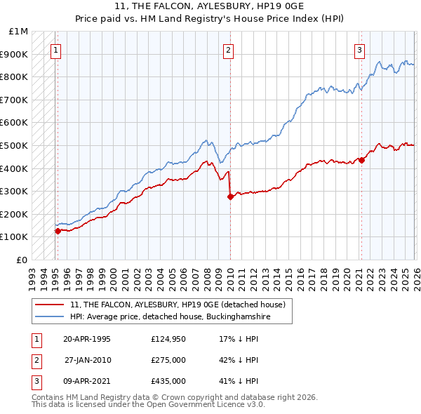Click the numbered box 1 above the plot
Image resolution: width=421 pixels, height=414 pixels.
point(55,50)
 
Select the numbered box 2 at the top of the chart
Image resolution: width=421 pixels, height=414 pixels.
point(229,50)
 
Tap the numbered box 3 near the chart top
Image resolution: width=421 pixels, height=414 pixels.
point(359,50)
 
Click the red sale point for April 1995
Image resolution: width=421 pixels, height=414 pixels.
point(58,231)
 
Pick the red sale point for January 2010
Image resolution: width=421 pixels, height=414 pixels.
point(229,197)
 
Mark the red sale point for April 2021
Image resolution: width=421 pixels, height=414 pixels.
point(361,160)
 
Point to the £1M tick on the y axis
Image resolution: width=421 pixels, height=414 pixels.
point(19,32)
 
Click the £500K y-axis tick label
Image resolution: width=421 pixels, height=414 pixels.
point(15,145)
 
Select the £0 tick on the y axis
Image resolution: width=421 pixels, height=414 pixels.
point(22,260)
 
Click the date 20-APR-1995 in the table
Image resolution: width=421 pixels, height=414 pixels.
point(87,339)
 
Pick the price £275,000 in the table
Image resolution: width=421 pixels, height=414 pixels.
point(168,360)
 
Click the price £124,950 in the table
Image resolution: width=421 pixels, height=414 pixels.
point(168,339)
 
